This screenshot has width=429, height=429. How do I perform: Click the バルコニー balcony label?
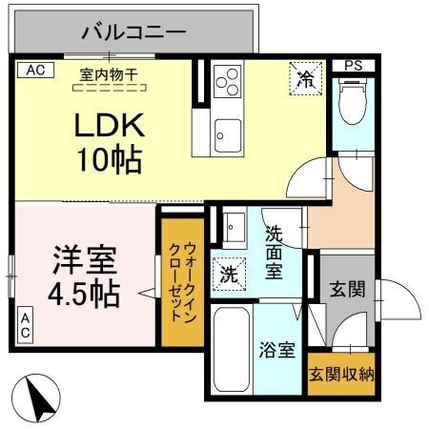tap(134, 31)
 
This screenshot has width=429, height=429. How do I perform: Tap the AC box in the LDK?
tap(34, 70)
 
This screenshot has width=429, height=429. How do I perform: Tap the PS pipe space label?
tap(354, 66)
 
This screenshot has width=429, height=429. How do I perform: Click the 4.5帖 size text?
tap(84, 293)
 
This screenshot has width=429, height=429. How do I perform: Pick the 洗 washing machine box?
tap(229, 274)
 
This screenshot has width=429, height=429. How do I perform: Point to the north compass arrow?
tap(35, 396)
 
